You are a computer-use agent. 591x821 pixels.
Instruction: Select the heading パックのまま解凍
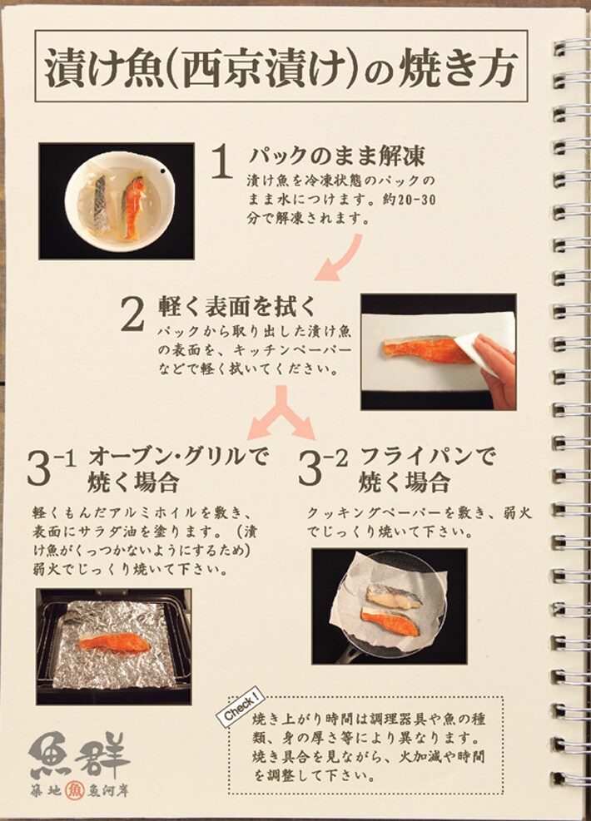tap(337, 156)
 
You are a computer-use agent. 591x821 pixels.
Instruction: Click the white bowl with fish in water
tap(120, 200)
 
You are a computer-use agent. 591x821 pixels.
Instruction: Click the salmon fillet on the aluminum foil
tap(112, 643)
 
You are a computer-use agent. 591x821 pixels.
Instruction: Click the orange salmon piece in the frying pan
tap(390, 620)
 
